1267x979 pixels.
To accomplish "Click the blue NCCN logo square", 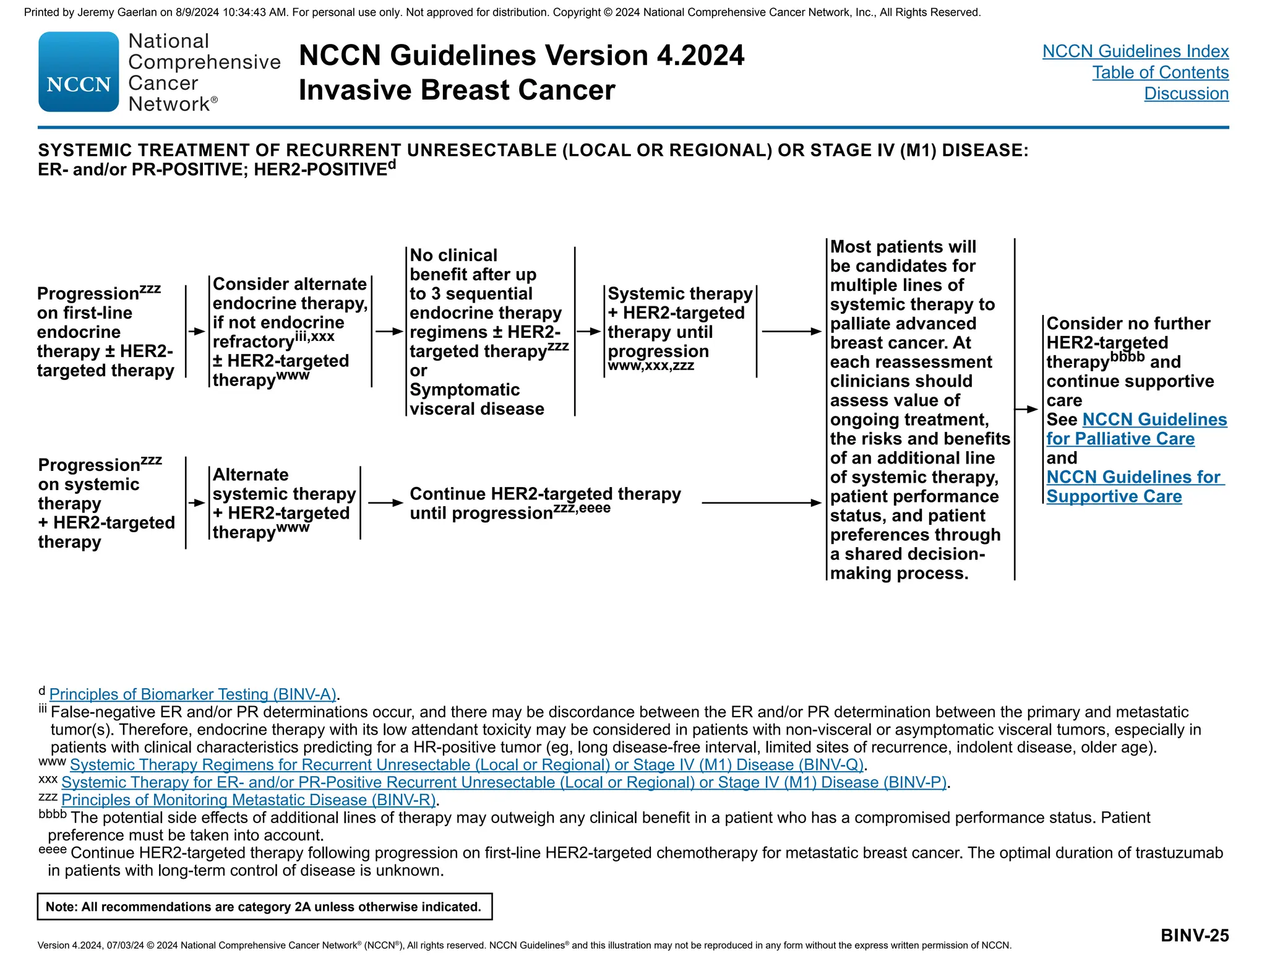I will point(79,72).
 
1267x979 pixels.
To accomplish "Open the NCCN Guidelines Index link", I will point(1135,51).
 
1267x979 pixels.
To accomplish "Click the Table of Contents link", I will point(1160,72).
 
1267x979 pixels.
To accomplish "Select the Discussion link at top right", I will point(1186,93).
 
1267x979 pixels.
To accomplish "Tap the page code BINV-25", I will point(1194,935).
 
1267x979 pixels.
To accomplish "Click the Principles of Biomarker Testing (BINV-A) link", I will point(192,694).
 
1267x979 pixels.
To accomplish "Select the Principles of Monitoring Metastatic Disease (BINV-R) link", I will point(249,800).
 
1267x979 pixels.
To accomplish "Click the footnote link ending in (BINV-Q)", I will point(466,765).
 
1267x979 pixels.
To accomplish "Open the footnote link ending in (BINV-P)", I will point(504,782).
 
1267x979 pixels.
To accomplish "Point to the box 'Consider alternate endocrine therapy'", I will point(290,332).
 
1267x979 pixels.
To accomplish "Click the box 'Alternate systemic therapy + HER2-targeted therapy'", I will point(284,503).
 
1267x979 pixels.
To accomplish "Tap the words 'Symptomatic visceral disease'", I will point(476,399).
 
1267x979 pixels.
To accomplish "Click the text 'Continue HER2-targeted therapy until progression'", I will point(544,503).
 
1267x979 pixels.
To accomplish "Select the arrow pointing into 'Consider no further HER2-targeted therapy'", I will point(1026,409).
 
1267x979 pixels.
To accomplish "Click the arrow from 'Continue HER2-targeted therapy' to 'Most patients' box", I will point(761,503).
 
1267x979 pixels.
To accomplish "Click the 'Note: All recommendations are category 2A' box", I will point(264,907).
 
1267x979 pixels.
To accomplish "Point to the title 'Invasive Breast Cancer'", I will point(457,90).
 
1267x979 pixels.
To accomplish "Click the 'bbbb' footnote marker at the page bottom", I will point(52,814).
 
